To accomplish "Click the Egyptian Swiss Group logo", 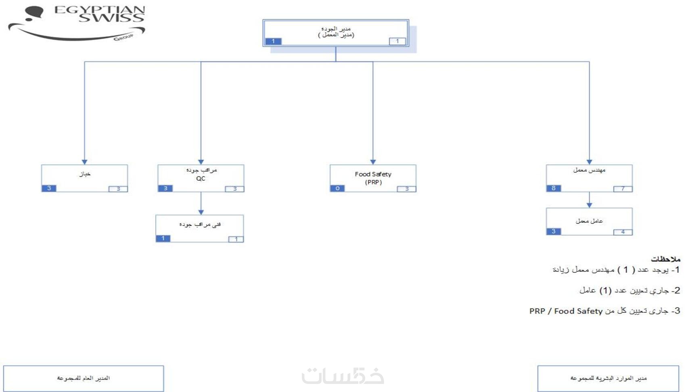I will coord(77,23).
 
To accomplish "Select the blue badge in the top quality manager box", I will coord(273,41).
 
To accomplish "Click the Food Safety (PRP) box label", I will coord(373,178).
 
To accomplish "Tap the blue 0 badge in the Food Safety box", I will coord(337,188).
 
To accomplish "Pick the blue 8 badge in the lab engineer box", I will coord(554,188).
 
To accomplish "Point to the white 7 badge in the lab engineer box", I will coord(623,189).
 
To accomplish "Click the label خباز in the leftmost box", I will coord(85,174).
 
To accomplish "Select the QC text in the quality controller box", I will coord(201,179).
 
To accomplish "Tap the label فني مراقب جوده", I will coord(200,224).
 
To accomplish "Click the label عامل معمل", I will coord(589,221).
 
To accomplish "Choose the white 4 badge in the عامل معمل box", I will coord(623,232).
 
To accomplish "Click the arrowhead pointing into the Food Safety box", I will coord(373,162).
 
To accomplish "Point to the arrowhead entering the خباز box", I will coord(84,162).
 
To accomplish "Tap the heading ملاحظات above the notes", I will coord(665,259).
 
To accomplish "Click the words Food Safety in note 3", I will coord(578,311).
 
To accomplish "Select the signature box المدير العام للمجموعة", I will coord(84,378).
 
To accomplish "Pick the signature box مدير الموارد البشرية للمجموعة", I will coord(608,378).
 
